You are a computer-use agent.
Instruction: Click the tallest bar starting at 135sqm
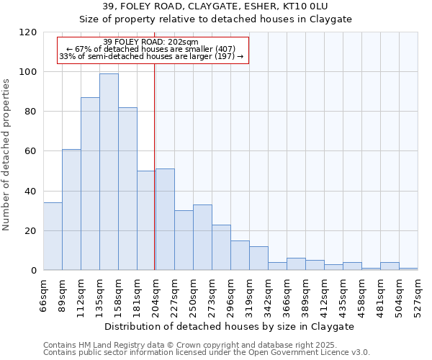click(x=109, y=172)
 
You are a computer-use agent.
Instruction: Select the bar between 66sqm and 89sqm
click(x=53, y=237)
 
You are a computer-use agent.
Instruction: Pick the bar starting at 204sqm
click(x=165, y=220)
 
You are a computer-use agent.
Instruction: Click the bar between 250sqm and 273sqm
click(x=202, y=238)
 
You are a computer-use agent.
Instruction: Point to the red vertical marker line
click(x=155, y=180)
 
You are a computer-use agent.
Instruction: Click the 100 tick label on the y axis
click(x=28, y=72)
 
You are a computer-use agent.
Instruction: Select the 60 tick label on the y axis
click(x=31, y=151)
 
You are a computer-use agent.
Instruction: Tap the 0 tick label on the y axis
click(x=34, y=271)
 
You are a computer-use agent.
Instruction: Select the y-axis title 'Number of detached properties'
click(x=7, y=155)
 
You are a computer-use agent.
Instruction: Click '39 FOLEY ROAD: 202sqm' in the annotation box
click(x=150, y=42)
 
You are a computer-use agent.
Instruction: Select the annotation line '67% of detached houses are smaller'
click(x=150, y=49)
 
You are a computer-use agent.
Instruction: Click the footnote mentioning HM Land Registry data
click(x=206, y=345)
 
